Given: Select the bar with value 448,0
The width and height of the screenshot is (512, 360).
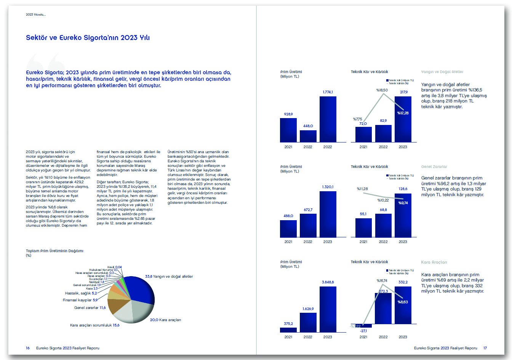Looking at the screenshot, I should (308, 136).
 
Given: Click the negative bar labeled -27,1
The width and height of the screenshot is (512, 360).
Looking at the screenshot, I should (363, 326).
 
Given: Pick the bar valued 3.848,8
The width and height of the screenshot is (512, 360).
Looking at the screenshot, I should (328, 309).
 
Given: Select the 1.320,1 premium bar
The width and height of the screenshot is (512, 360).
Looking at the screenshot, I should (328, 214).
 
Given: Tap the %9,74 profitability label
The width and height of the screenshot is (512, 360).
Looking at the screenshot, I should (403, 203).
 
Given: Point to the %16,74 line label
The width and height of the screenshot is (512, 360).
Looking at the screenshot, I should (382, 281).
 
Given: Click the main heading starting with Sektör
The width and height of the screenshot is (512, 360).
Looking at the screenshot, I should (88, 38).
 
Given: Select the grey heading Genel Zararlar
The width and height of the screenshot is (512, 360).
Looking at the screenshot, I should (434, 167).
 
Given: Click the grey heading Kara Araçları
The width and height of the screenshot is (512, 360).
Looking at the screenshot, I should (434, 262).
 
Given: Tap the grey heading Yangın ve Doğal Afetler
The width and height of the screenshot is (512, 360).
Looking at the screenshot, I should (442, 72).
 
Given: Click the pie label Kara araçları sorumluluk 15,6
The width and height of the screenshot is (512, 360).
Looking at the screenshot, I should (94, 325).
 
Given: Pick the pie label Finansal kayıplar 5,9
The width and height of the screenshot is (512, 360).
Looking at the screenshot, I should (80, 300).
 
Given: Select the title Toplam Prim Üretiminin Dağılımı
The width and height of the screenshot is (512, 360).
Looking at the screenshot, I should (54, 251).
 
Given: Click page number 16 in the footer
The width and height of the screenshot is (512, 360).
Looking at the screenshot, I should (28, 348).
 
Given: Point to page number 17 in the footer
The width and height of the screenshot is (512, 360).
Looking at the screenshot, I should (485, 348).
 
